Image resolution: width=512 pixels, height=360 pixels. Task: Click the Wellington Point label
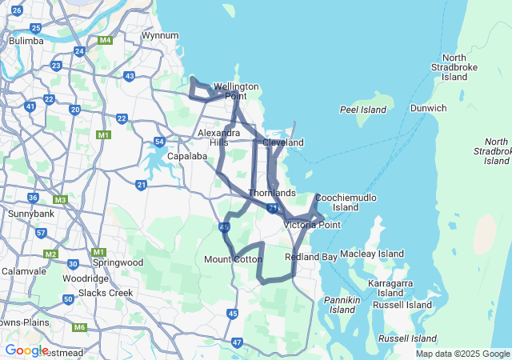coord(236,91)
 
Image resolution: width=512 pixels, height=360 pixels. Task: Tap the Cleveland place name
coord(283,142)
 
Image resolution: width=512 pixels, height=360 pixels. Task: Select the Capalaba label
coord(188,156)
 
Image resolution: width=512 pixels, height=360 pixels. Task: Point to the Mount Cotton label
coord(233,259)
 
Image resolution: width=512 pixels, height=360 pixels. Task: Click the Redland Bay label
coord(311,257)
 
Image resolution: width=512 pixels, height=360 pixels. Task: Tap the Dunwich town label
coord(428,107)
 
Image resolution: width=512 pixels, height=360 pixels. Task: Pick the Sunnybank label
coord(30,214)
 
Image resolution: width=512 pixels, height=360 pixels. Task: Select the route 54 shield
coord(160,142)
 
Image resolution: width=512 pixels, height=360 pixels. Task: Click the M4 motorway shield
coord(105,40)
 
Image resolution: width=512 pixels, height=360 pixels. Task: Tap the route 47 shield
coord(237,342)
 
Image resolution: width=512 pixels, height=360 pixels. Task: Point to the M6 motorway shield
coord(79,327)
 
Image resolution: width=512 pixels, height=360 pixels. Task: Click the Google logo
coord(26,350)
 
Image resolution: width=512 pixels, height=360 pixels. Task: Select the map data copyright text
coord(462,354)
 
